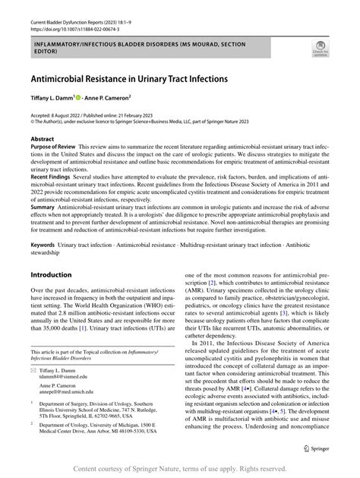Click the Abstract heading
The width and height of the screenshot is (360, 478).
pos(43,140)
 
